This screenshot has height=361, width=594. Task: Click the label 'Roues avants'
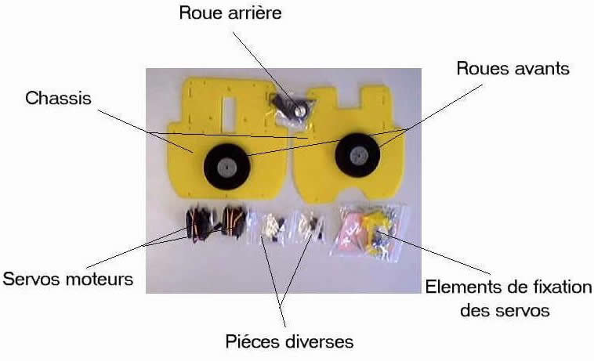tap(513, 69)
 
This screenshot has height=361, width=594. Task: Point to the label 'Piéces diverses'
tap(288, 342)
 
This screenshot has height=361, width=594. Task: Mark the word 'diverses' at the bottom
tap(316, 342)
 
